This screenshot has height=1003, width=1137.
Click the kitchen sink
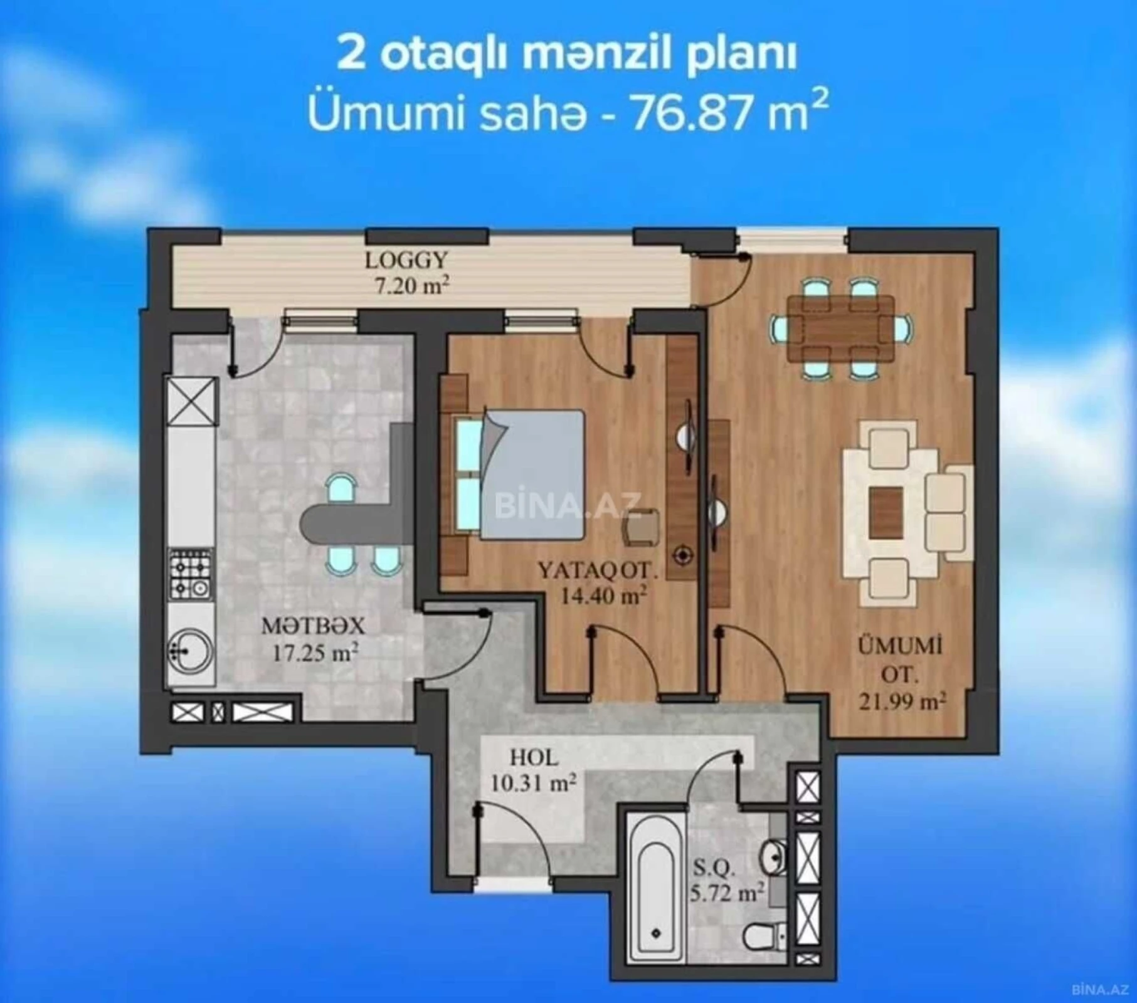pos(191,654)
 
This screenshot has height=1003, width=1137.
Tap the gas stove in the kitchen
pos(191,575)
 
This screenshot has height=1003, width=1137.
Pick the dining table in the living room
pos(840,328)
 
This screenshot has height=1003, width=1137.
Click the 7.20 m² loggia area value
pos(412,286)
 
